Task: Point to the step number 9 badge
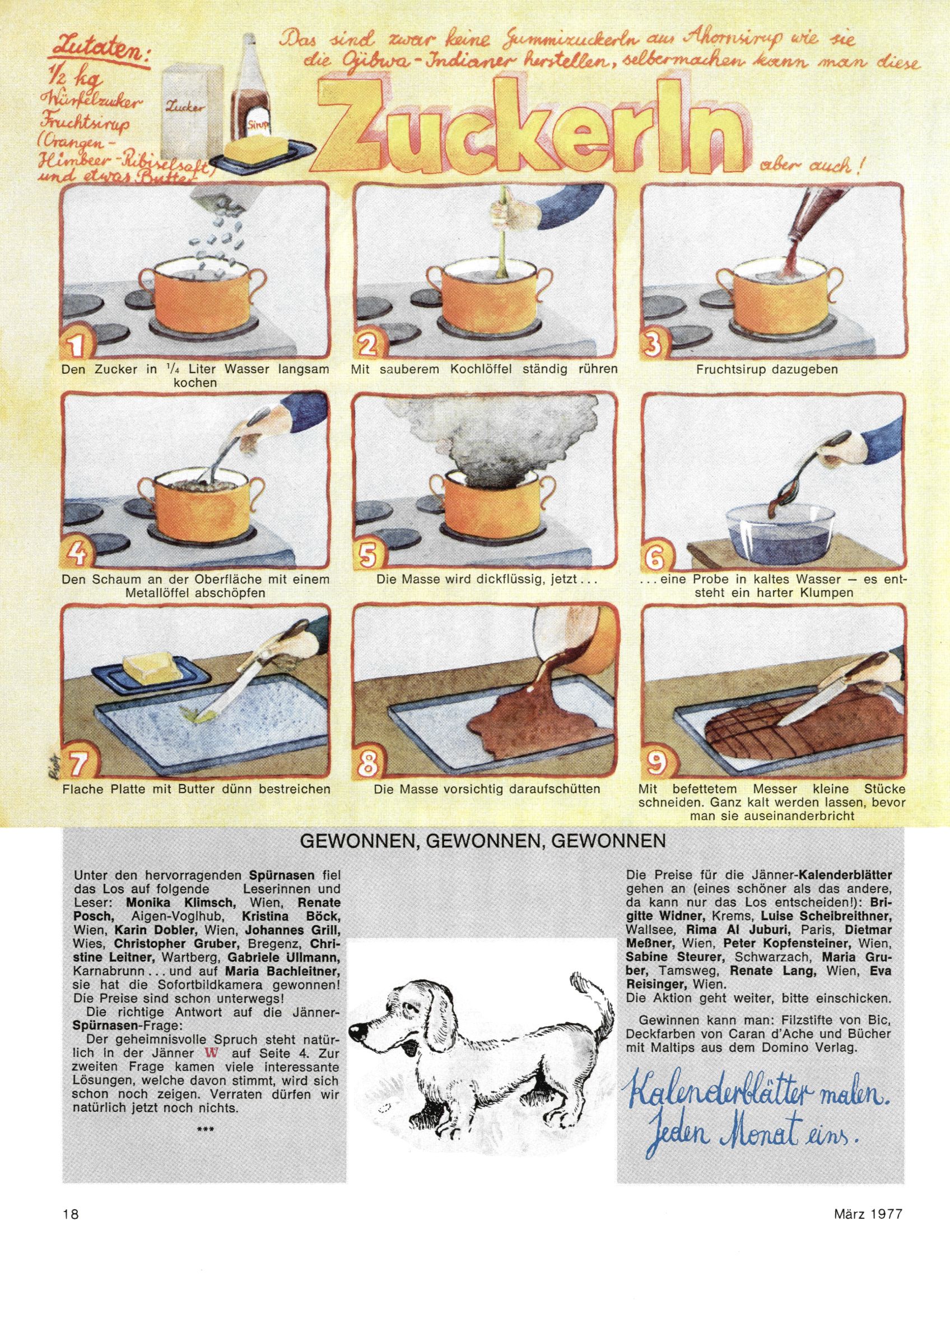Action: (655, 768)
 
